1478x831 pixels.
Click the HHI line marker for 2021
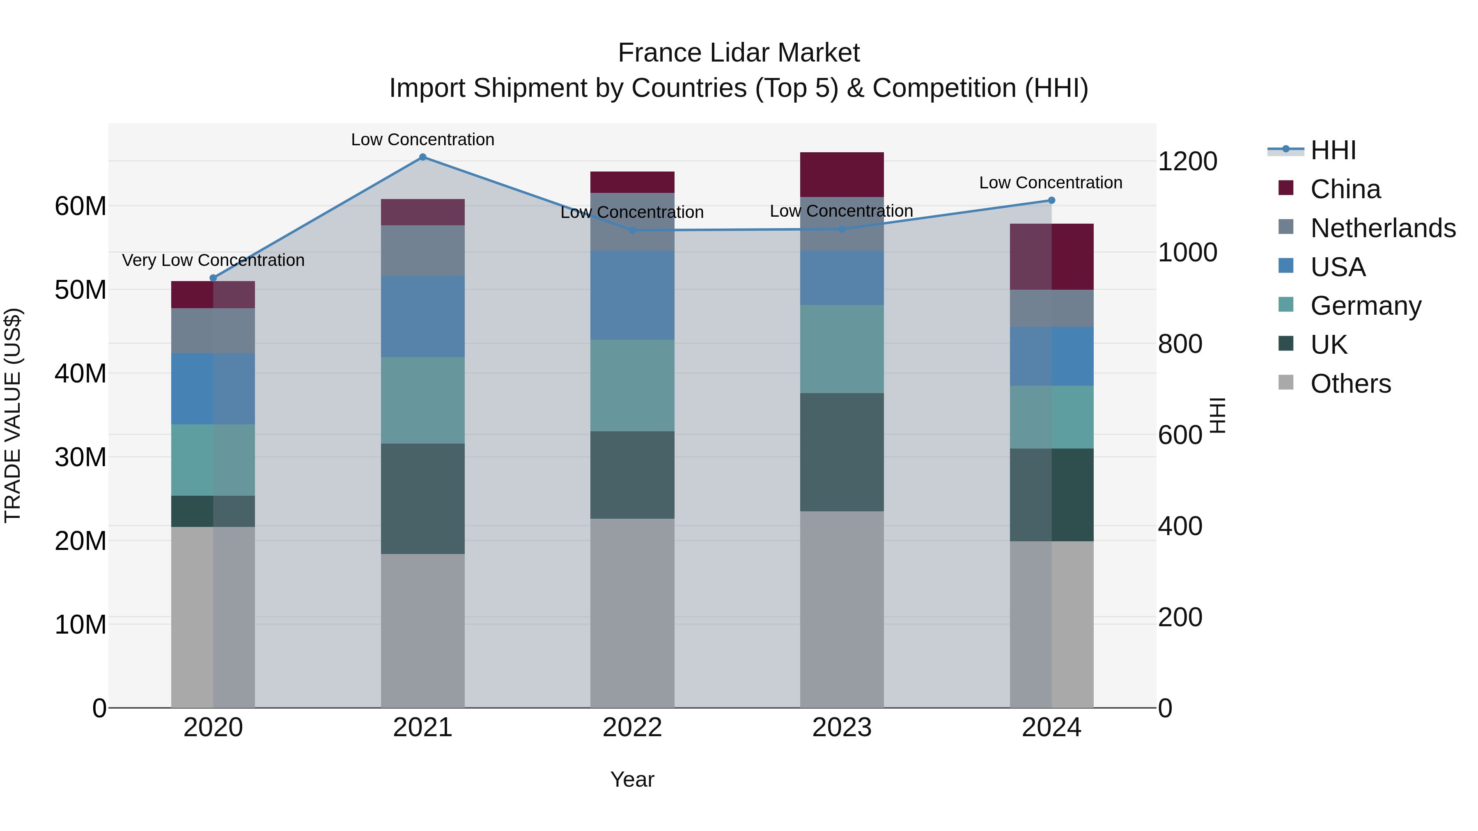click(x=422, y=157)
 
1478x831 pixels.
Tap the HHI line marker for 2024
click(x=1051, y=200)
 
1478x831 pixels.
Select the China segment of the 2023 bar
click(x=842, y=175)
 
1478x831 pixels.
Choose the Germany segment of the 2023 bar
click(x=842, y=349)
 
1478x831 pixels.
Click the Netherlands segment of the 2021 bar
click(x=422, y=251)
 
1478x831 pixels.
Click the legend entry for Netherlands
click(x=1383, y=228)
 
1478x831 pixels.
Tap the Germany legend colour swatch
click(x=1286, y=304)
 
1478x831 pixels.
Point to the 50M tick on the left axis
click(x=80, y=290)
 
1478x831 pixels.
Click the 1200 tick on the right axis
click(x=1187, y=161)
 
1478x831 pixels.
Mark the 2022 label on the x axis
click(x=632, y=728)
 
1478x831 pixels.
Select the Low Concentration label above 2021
click(x=422, y=140)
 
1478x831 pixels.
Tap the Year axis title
click(x=632, y=779)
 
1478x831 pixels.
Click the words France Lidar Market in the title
click(x=739, y=53)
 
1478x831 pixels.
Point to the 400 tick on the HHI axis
click(x=1180, y=526)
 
